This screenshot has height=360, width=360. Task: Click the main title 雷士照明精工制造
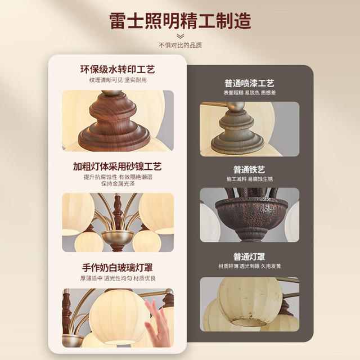coord(180,21)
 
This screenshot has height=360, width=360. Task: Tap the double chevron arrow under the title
coord(180,36)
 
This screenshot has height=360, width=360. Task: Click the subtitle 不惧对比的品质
coord(180,45)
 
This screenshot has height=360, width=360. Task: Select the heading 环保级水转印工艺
coord(118,70)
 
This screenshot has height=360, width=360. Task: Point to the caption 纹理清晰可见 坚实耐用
coord(118,80)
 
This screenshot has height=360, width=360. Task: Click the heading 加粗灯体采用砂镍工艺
coord(118,166)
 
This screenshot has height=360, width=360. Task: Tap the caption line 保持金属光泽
coord(118,184)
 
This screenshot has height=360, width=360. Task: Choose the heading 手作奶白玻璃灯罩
coord(118,268)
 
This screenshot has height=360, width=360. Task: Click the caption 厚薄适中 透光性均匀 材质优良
coord(118,278)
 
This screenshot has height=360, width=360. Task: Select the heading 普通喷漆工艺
coord(249,83)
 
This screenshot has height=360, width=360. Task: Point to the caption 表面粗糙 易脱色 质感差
coord(250,93)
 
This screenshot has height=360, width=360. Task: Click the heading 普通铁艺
coord(249,170)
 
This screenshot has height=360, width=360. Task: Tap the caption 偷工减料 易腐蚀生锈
coord(250,179)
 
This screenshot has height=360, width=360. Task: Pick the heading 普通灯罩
coord(249,256)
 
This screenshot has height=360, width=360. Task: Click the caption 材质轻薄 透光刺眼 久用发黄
coord(250,266)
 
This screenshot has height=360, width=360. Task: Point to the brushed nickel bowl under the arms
coord(118,237)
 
